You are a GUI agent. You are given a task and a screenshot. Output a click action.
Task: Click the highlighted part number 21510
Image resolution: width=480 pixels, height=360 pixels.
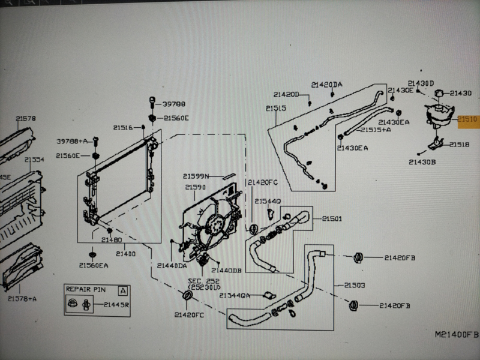pos(468,120)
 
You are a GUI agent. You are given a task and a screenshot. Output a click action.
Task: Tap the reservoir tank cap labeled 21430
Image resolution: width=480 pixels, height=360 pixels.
pos(439,93)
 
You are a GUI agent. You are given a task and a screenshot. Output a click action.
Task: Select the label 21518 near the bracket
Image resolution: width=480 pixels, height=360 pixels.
pos(459,145)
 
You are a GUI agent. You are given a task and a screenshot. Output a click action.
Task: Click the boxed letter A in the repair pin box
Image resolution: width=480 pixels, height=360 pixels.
pos(123,290)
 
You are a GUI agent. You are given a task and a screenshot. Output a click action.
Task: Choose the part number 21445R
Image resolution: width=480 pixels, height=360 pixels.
pos(116,305)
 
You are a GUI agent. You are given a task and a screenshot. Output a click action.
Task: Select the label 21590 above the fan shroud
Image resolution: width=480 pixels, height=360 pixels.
pos(196,188)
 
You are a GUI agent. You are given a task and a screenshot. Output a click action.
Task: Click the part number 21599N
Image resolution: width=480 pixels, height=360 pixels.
pos(196,176)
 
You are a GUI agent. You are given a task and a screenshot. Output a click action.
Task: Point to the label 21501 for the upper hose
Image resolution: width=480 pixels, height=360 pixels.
pos(331,219)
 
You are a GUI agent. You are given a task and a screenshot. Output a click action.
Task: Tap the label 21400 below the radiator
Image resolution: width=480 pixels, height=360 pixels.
pos(127,254)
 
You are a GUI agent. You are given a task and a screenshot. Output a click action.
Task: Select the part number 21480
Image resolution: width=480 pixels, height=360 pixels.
pos(111,240)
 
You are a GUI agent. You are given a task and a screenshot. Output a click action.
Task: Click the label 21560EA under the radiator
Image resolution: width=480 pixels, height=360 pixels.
pos(94,266)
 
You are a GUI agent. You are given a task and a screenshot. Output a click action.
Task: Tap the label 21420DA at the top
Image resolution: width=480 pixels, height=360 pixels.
pos(327,85)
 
